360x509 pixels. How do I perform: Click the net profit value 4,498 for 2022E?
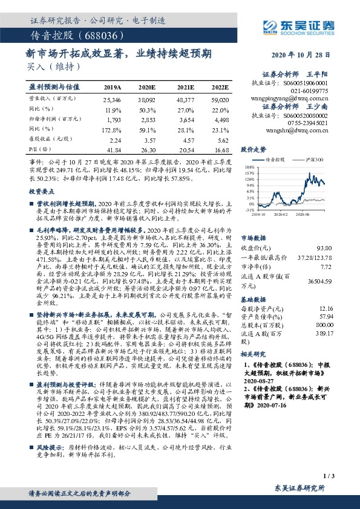(221, 120)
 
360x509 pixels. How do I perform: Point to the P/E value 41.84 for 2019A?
(113, 149)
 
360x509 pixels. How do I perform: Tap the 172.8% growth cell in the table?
(113, 129)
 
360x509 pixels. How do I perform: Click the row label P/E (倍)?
(38, 149)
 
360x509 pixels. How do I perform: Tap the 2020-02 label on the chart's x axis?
(280, 213)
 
